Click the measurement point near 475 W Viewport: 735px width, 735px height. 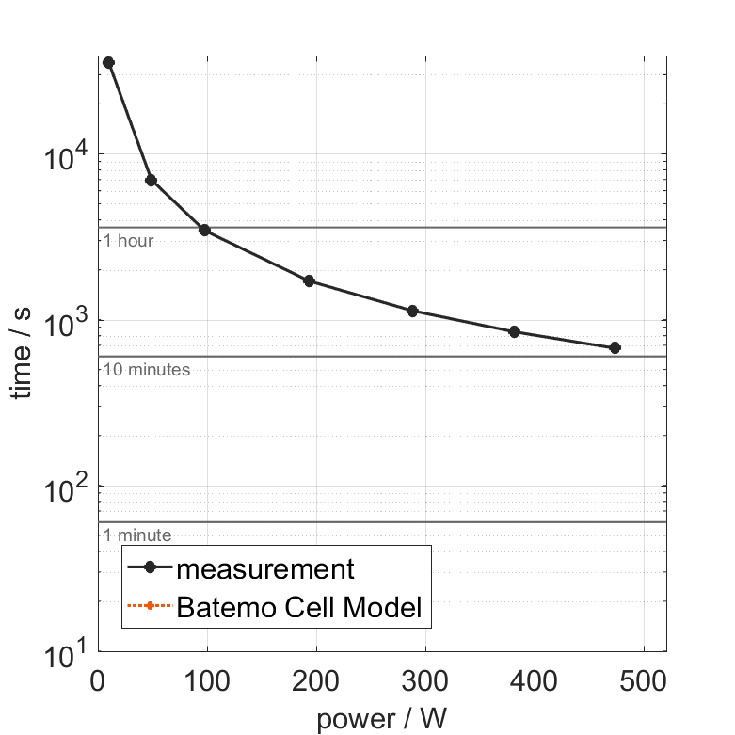[x=615, y=348]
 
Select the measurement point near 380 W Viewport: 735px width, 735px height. [x=514, y=331]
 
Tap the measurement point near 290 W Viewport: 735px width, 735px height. [x=412, y=311]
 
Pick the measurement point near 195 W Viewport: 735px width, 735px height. [x=309, y=281]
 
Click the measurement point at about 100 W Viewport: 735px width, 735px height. [x=204, y=231]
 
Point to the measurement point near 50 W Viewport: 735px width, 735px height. [x=151, y=180]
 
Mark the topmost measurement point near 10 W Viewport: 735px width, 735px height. [x=108, y=62]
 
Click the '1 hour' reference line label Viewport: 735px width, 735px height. [x=128, y=241]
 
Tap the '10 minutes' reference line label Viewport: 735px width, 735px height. [x=147, y=370]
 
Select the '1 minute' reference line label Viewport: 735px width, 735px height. [x=137, y=535]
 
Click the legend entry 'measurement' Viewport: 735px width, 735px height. [x=264, y=568]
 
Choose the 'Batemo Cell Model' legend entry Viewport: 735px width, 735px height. [x=299, y=608]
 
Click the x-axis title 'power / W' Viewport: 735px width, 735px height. [x=381, y=720]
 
